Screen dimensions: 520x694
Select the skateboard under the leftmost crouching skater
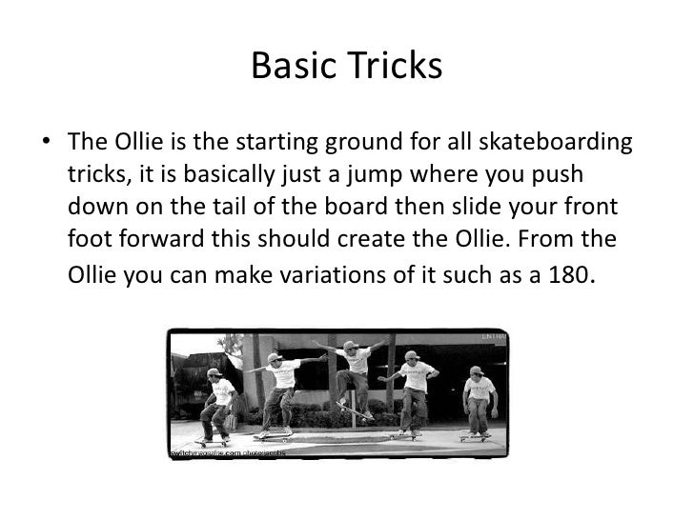coord(213,441)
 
